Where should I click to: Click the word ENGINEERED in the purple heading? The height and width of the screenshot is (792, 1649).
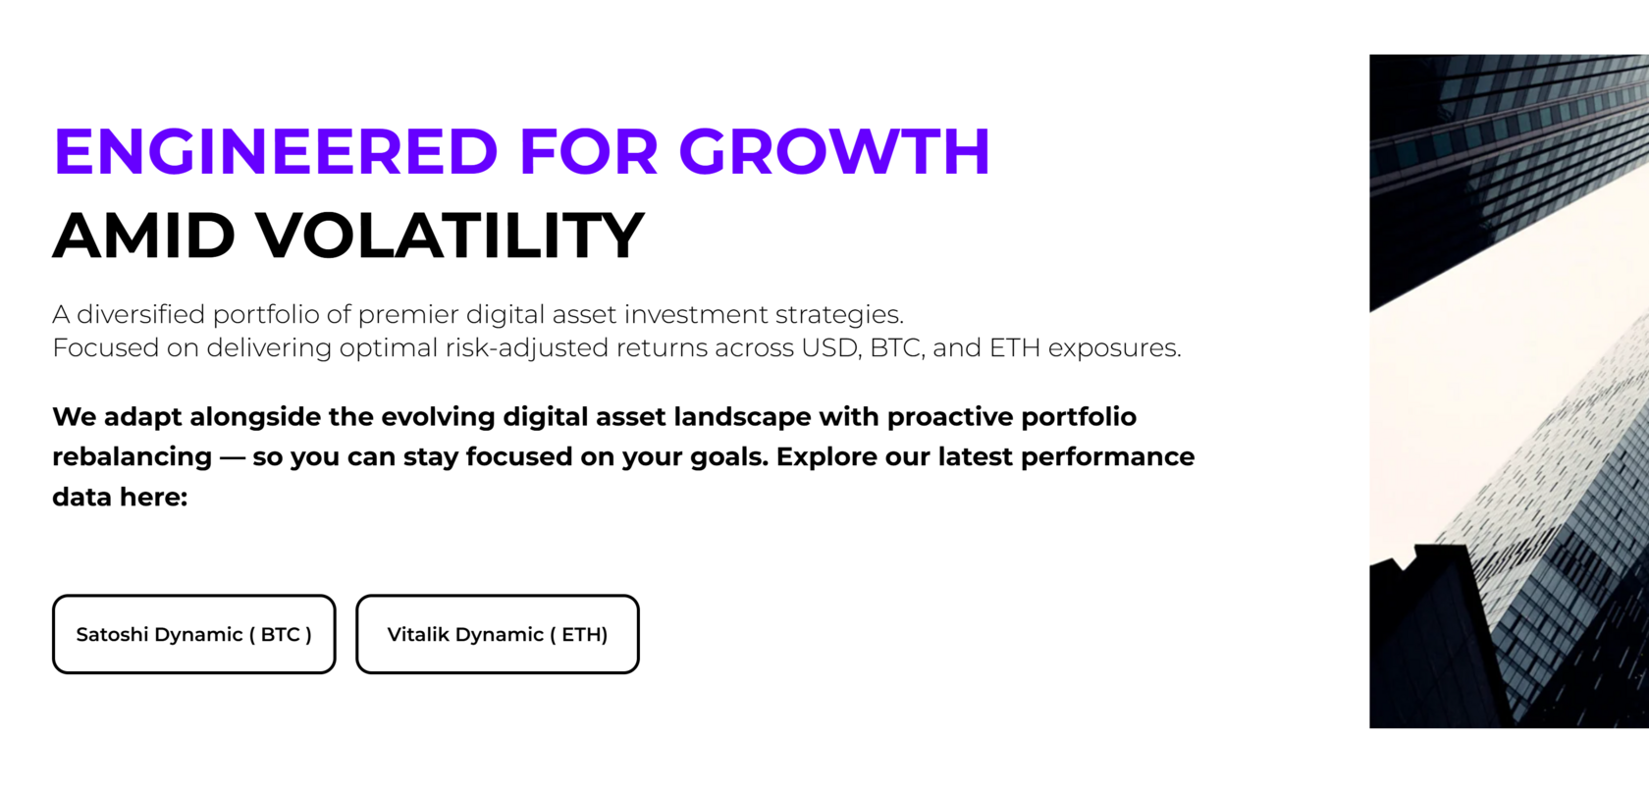tap(276, 152)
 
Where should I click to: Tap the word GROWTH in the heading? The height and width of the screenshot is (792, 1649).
tap(833, 152)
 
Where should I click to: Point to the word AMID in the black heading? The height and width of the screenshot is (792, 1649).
tap(143, 236)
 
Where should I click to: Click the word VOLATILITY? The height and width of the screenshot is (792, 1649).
tap(451, 236)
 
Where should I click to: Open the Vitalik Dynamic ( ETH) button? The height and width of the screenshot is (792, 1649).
tap(497, 634)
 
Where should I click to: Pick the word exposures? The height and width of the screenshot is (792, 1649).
tap(1114, 348)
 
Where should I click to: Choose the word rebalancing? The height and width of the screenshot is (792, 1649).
tap(132, 457)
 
